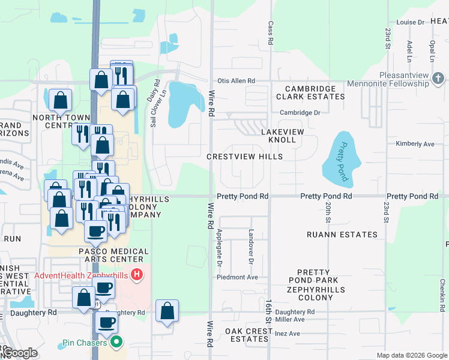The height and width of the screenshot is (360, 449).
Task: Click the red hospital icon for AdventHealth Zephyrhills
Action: [x=137, y=275]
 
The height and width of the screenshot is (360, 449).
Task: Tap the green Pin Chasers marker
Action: [x=116, y=344]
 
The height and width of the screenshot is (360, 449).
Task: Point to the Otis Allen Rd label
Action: [x=237, y=81]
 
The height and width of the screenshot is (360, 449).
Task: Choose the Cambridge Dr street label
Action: [x=300, y=112]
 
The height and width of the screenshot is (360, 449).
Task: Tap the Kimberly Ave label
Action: [x=415, y=144]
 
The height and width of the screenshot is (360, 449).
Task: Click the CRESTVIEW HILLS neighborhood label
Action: [x=244, y=157]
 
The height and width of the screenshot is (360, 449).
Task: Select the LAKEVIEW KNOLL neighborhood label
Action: [x=282, y=136]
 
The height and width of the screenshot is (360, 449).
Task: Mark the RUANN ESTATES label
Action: [x=342, y=235]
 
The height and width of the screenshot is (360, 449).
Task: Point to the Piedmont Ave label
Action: [x=238, y=277]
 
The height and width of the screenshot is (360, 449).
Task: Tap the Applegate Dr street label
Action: [x=220, y=248]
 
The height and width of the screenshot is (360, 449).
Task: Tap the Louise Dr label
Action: [x=411, y=22]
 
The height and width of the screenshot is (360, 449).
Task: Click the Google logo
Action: [x=20, y=353]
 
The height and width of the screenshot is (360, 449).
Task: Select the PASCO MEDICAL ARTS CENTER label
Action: [x=114, y=256]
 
